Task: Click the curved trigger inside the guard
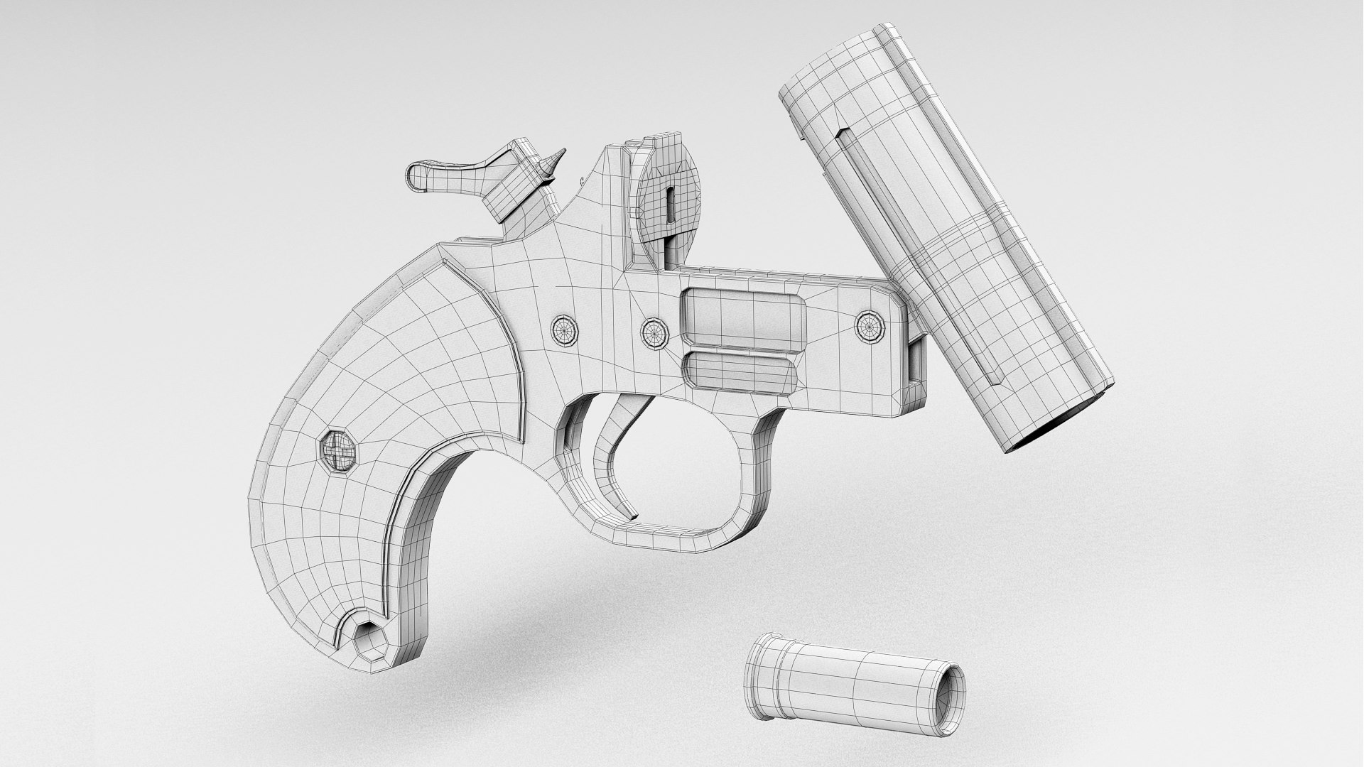coord(612,455)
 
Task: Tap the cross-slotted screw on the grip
coord(339,449)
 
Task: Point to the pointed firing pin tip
coord(558,158)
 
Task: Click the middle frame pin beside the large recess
coord(655,332)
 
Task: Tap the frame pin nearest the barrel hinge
coord(870,327)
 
